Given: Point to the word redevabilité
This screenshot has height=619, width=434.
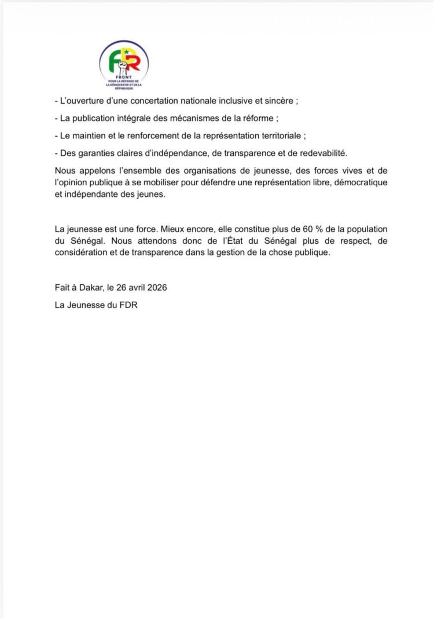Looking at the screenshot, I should pos(320,153).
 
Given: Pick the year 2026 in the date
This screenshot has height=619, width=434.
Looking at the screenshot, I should pos(157,287).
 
